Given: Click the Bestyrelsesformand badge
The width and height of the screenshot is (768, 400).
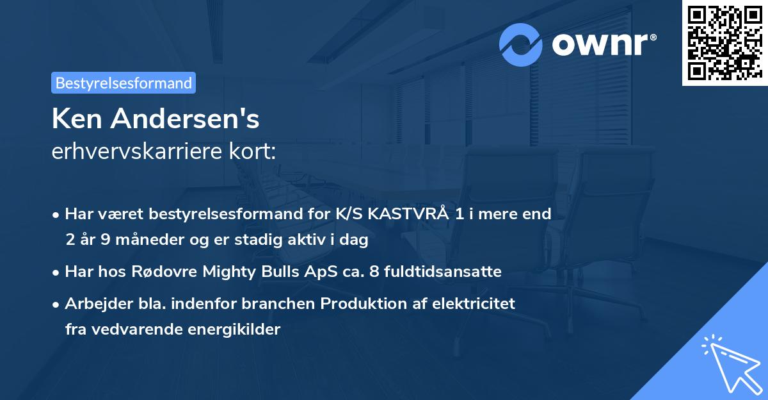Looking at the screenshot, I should click(x=124, y=83).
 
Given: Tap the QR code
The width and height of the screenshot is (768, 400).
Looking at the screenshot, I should click(x=724, y=42).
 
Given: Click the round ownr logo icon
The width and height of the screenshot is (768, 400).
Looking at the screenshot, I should click(x=521, y=44).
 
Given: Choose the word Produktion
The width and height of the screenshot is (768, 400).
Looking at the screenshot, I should click(x=362, y=304).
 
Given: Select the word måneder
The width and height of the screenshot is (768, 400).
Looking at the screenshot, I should click(x=137, y=240).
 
